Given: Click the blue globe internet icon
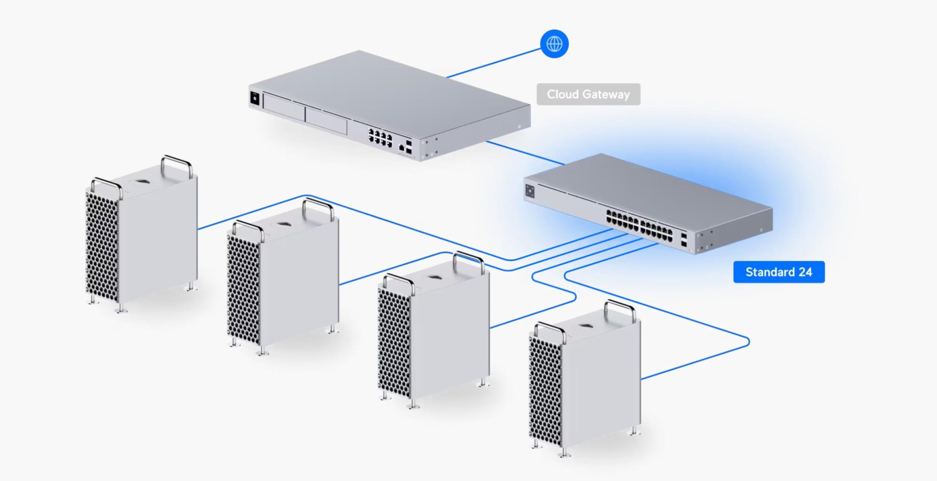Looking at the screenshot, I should [x=554, y=44].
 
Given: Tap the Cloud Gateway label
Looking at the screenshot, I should [x=588, y=94].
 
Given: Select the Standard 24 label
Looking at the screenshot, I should [x=779, y=272].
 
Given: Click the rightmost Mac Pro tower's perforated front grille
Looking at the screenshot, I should [x=545, y=391].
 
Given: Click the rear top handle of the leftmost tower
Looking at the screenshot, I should [x=177, y=165].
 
